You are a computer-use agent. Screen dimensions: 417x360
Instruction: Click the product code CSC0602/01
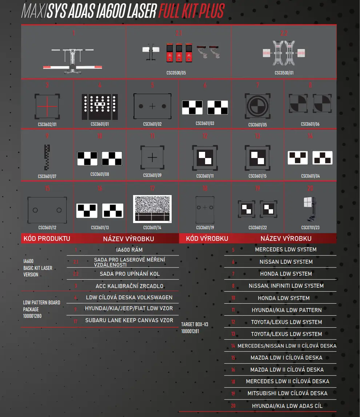click(47, 124)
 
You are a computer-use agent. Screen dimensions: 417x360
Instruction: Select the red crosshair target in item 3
click(47, 107)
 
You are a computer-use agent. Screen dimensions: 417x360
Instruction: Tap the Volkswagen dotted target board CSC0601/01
click(100, 107)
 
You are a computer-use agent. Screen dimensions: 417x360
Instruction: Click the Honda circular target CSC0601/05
click(257, 107)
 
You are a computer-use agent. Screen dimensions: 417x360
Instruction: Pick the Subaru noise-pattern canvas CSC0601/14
click(152, 209)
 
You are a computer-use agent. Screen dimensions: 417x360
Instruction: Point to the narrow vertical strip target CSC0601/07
click(47, 157)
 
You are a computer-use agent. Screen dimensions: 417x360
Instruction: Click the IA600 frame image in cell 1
click(73, 58)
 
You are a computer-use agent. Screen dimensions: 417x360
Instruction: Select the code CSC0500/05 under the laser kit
click(176, 73)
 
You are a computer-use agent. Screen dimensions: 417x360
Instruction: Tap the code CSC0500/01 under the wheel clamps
click(284, 73)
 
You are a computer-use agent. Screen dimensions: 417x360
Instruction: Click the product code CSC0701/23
click(310, 228)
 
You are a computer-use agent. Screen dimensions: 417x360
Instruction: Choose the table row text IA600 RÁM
click(129, 250)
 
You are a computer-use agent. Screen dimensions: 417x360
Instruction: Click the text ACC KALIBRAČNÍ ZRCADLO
click(129, 286)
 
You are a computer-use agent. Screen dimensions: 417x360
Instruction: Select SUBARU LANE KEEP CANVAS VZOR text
click(129, 320)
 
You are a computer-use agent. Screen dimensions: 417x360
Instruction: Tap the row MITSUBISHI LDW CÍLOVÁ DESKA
click(287, 393)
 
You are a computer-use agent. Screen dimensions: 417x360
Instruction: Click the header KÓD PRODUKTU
click(47, 239)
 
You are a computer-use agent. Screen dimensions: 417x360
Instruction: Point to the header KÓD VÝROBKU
click(207, 239)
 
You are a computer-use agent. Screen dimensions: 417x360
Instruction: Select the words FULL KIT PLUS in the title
click(192, 11)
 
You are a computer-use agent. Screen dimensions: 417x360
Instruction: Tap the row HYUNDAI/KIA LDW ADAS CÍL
click(287, 406)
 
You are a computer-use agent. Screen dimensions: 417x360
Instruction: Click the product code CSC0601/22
click(257, 228)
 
